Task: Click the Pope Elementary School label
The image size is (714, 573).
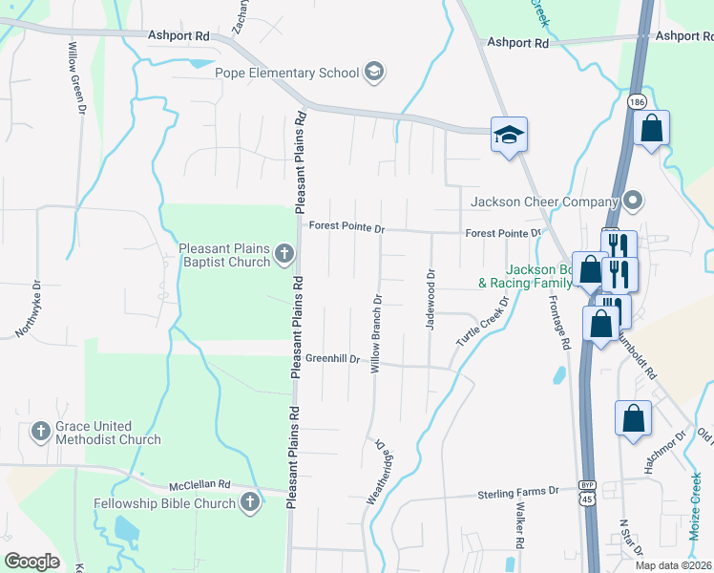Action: pyautogui.click(x=285, y=73)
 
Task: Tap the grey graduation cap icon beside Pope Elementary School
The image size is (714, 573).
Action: pyautogui.click(x=374, y=73)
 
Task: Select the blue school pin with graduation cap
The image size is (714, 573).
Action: pyautogui.click(x=509, y=135)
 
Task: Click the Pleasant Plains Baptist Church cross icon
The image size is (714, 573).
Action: pyautogui.click(x=283, y=253)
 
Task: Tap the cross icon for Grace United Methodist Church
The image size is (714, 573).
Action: pyautogui.click(x=40, y=432)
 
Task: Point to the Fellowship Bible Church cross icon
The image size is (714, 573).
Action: pyautogui.click(x=249, y=502)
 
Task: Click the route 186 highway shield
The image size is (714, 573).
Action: pyautogui.click(x=635, y=100)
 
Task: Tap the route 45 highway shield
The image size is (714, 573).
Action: pyautogui.click(x=586, y=498)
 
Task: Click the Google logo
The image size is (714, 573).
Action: pyautogui.click(x=31, y=562)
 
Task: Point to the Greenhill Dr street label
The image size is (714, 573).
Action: pyautogui.click(x=332, y=359)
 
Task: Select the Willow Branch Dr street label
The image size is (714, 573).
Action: pyautogui.click(x=377, y=332)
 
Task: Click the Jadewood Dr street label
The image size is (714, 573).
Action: pyautogui.click(x=430, y=299)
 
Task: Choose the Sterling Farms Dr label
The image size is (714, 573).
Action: pyautogui.click(x=518, y=492)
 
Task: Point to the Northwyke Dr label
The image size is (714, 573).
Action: pyautogui.click(x=28, y=308)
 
